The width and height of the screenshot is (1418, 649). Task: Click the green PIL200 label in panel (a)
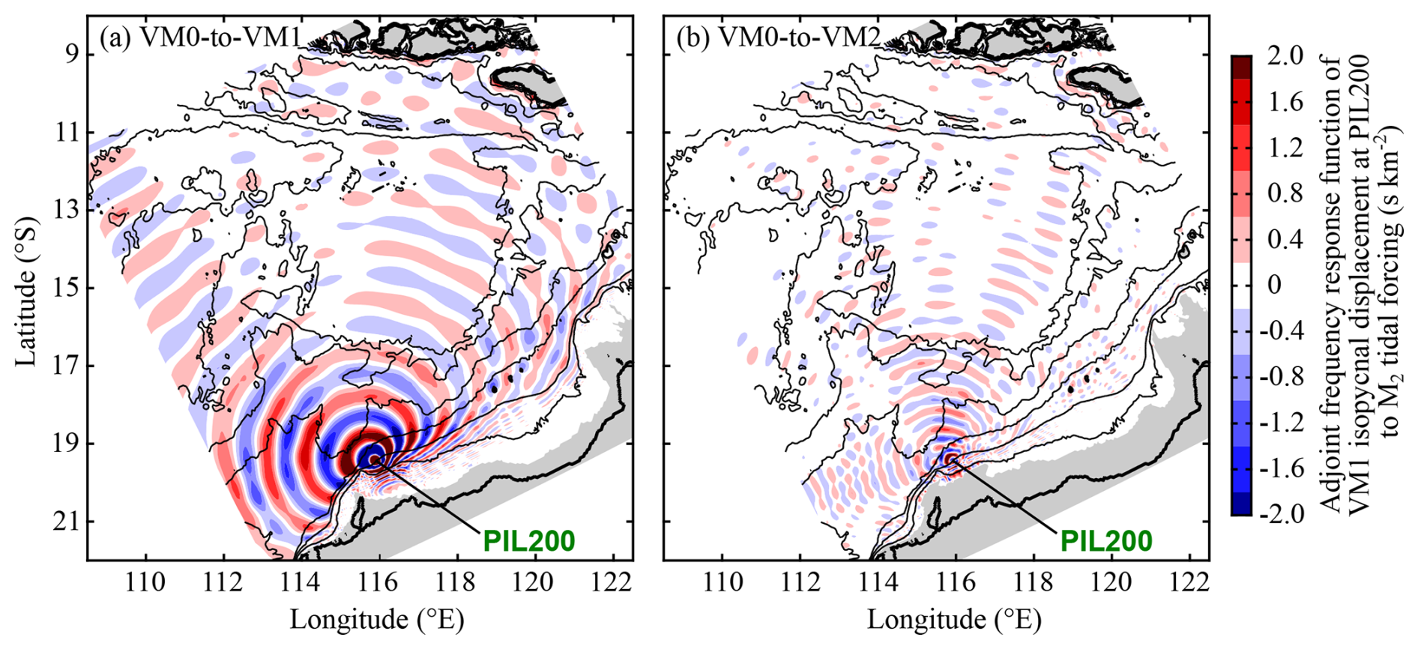(x=528, y=540)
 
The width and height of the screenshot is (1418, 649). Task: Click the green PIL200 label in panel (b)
(x=1105, y=540)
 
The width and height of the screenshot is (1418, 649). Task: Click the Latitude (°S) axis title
(x=27, y=292)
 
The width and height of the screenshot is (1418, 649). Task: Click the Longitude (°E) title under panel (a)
(x=377, y=620)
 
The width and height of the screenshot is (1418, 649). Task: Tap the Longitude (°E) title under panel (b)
(x=954, y=620)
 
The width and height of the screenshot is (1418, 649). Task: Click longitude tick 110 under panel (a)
(x=145, y=581)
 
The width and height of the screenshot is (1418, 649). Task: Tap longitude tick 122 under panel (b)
(x=1189, y=581)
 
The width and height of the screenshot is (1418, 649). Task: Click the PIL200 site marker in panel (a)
(x=373, y=459)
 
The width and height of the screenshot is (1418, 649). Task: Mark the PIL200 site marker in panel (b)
(x=950, y=459)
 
